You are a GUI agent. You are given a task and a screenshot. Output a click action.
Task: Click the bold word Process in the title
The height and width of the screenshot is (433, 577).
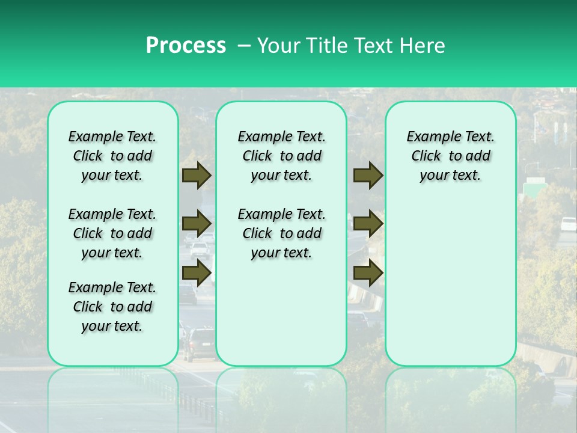click(x=186, y=46)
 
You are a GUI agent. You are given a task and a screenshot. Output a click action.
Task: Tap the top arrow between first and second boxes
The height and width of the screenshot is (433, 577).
click(x=197, y=176)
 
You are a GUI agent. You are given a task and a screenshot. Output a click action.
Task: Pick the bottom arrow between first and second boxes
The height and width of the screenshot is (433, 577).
click(x=197, y=273)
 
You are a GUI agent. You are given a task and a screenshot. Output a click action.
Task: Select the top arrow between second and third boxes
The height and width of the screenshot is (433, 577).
click(x=368, y=176)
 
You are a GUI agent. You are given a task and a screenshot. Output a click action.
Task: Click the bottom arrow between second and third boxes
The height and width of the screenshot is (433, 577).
click(x=368, y=273)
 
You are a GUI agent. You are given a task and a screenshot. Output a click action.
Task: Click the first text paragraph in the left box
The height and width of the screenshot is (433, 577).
click(x=112, y=156)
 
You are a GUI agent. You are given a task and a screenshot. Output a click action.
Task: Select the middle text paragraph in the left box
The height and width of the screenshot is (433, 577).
click(x=112, y=233)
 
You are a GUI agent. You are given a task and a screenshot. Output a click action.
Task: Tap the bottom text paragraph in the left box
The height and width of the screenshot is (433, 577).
click(x=112, y=307)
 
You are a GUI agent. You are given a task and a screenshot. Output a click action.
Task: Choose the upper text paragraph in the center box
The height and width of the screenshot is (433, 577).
click(x=281, y=156)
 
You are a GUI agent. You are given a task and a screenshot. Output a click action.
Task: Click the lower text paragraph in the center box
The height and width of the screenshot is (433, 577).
click(x=281, y=233)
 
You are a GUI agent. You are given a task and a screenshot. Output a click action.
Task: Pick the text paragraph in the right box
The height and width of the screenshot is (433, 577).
click(x=450, y=156)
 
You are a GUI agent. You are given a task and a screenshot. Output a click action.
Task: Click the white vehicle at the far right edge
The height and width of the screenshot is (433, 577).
click(x=568, y=224)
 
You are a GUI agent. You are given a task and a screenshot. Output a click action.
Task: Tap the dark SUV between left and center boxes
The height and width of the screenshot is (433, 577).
click(x=198, y=343)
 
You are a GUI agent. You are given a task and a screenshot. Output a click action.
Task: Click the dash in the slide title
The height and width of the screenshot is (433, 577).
click(x=243, y=46)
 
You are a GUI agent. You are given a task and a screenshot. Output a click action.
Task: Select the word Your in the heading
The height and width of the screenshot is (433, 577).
click(x=280, y=46)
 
